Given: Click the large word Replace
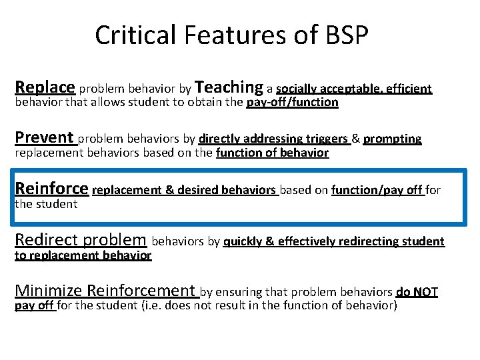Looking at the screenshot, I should point(45,87).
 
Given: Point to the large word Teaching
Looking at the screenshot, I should point(230,87).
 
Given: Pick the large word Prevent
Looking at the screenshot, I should point(44,137).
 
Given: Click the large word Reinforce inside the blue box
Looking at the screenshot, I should point(51,188).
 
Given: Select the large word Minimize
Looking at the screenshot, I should point(49,290).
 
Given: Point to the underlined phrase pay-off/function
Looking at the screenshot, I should point(292,103).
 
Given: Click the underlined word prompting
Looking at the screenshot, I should point(393,139).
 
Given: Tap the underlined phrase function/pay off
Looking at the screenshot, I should point(377,190).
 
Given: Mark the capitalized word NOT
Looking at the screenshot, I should point(425,291).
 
